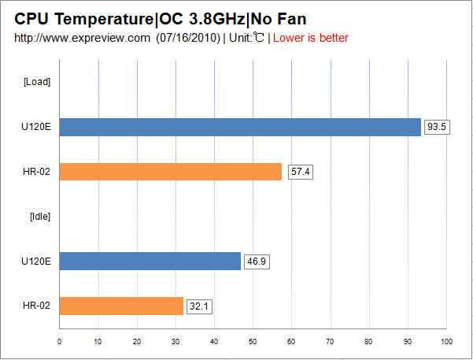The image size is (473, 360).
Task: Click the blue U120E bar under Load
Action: point(240,127)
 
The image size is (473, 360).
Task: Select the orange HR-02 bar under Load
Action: point(170,172)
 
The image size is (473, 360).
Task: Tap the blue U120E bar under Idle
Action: point(150,261)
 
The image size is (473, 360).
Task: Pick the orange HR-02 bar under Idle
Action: point(121,306)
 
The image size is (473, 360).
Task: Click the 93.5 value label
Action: point(437,127)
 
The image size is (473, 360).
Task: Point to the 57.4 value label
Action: point(299,172)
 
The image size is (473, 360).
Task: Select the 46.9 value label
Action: point(257,261)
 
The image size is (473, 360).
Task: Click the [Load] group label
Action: point(37,82)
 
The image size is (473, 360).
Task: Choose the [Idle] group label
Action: point(39,216)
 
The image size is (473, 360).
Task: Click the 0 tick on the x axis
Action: point(60,341)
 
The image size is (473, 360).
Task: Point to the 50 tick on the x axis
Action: point(253,341)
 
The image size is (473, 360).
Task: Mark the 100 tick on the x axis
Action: point(446,341)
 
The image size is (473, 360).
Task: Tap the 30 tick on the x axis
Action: point(176,341)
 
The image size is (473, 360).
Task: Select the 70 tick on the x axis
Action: point(330,341)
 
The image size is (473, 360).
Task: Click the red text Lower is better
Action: point(310,38)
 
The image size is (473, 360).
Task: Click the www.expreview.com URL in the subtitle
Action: point(82,38)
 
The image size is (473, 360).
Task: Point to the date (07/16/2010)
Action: point(187,38)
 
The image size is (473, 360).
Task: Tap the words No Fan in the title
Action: point(278,18)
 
